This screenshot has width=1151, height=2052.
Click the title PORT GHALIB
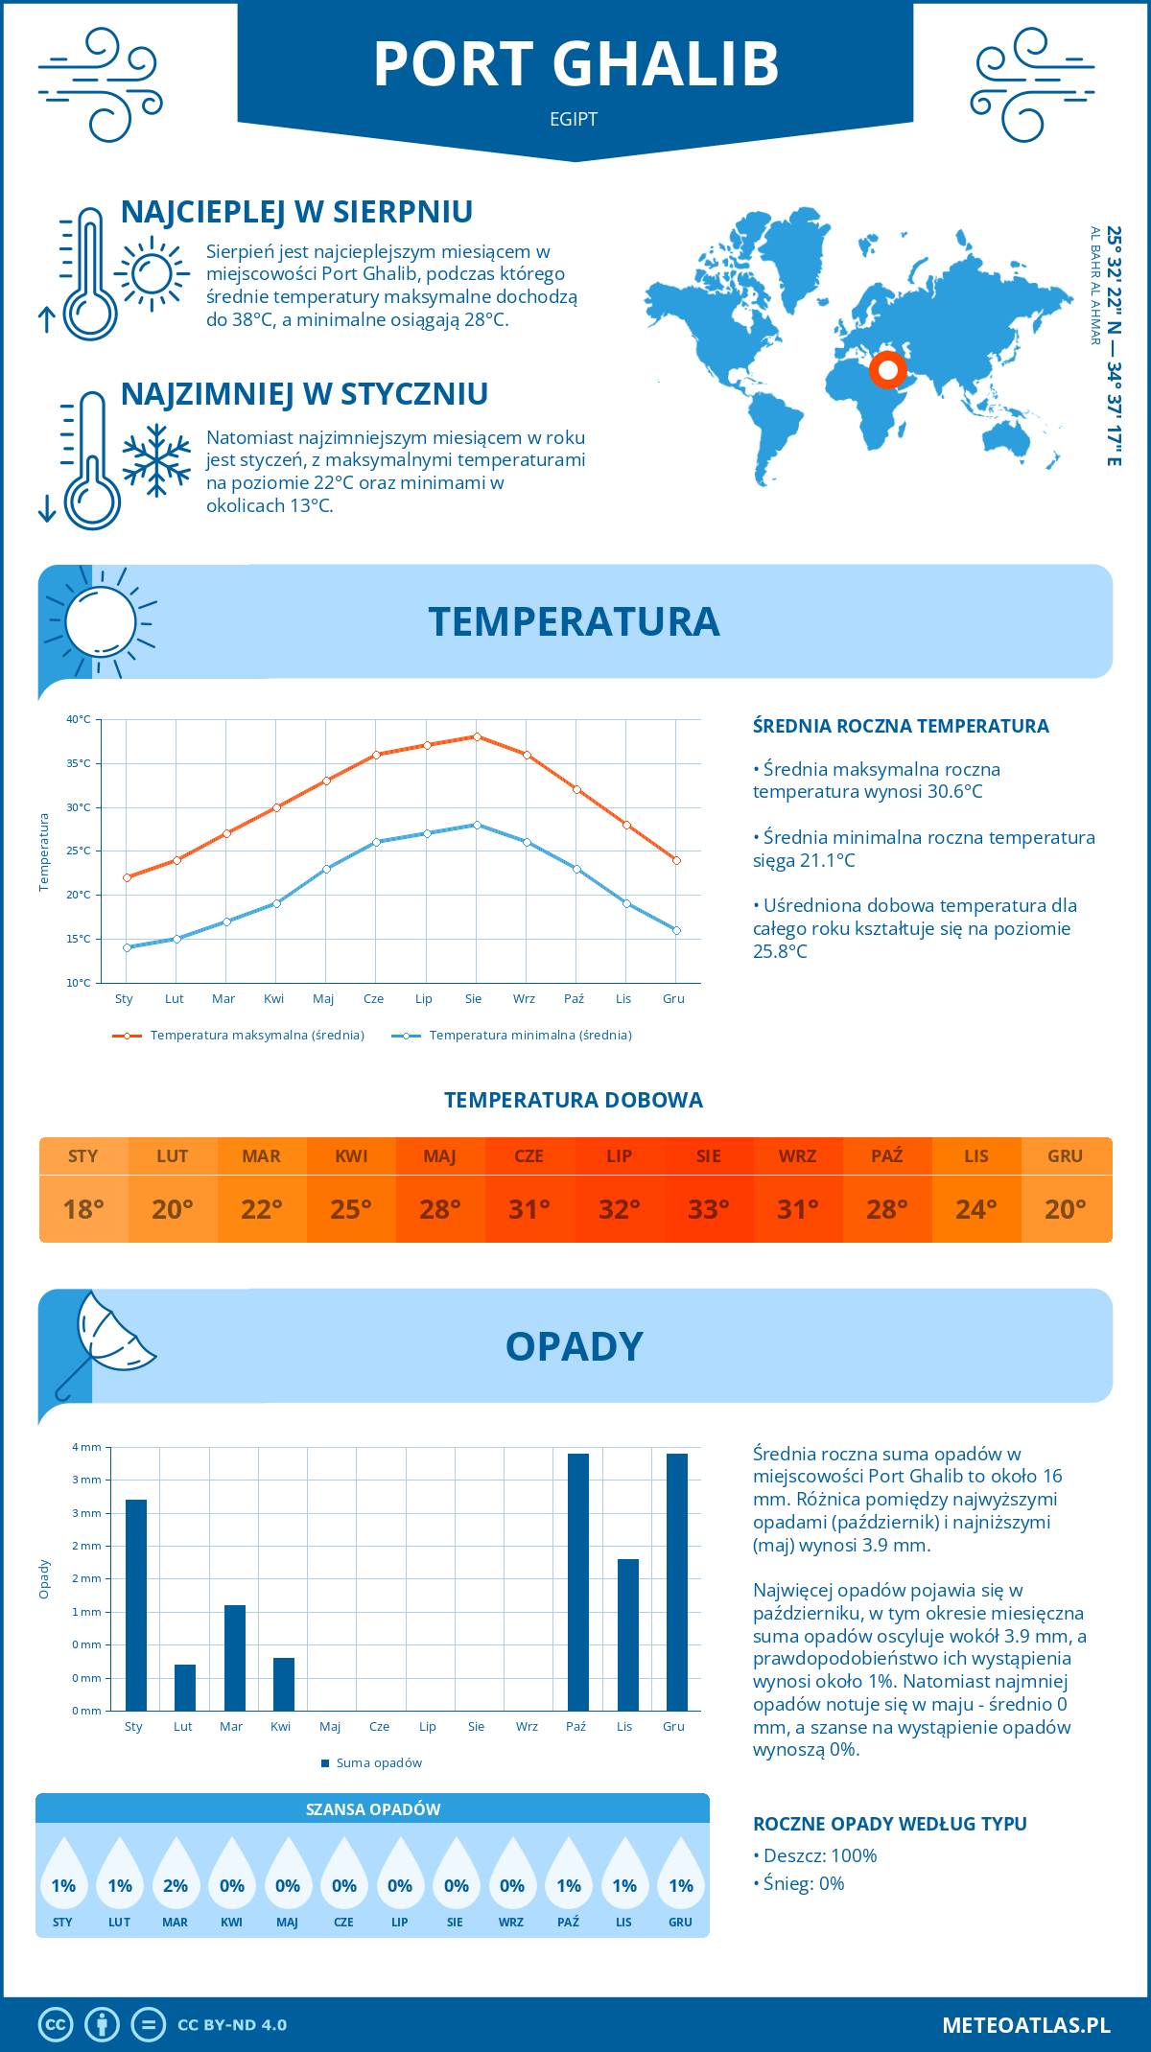point(575,64)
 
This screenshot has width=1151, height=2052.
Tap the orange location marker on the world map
point(888,369)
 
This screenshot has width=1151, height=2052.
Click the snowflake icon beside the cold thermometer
point(156,460)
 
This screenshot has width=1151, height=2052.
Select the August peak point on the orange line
point(477,736)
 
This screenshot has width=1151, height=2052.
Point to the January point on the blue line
point(127,947)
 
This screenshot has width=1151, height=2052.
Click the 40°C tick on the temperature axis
point(79,719)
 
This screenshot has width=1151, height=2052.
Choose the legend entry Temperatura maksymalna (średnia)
point(240,1036)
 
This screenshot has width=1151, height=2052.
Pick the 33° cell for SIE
point(709,1209)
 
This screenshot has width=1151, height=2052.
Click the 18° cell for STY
point(83,1209)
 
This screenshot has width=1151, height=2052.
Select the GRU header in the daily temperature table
point(1066,1156)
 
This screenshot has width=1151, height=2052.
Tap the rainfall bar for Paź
point(578,1582)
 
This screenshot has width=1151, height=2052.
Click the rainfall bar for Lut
point(185,1688)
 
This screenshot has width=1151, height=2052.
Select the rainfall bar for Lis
point(628,1635)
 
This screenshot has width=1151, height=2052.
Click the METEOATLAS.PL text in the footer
point(1026,2025)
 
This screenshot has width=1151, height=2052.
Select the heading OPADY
point(575,1346)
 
